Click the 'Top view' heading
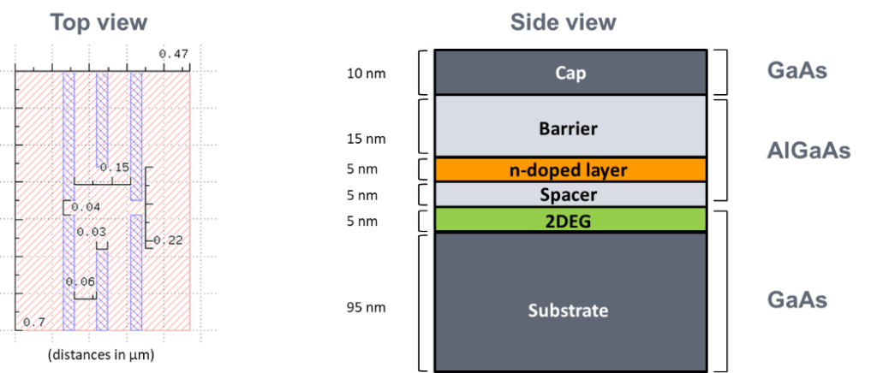98,23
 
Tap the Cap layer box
570,73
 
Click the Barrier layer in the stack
570,128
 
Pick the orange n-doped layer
570,169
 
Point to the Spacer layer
570,194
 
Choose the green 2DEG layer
570,220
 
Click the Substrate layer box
570,309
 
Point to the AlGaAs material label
808,151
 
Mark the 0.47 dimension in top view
173,54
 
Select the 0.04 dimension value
86,207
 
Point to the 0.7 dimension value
35,322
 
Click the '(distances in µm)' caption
102,353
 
